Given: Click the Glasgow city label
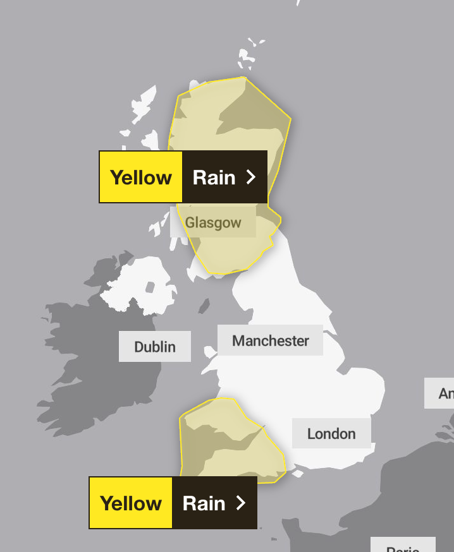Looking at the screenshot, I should [x=213, y=223].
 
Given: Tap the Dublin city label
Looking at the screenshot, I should [x=155, y=347].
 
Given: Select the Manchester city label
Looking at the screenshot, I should [x=270, y=340].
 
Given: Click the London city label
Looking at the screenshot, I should [x=331, y=433].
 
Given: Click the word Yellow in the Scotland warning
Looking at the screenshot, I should [x=141, y=177].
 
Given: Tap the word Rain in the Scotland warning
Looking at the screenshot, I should [x=214, y=177].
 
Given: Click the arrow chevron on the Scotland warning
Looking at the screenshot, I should [x=251, y=177].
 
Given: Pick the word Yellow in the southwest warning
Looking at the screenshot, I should [x=131, y=503].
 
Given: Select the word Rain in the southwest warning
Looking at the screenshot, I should [x=204, y=503].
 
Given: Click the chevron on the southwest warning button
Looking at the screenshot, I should [x=240, y=503].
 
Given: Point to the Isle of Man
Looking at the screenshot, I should [x=204, y=306].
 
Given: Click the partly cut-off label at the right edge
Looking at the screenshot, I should [x=443, y=393].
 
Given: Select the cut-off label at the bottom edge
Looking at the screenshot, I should [x=402, y=546].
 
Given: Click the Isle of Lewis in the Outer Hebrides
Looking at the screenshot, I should [x=144, y=104].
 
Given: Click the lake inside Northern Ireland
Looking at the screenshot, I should [x=150, y=287].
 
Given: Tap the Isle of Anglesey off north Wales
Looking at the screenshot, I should [x=209, y=352].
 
